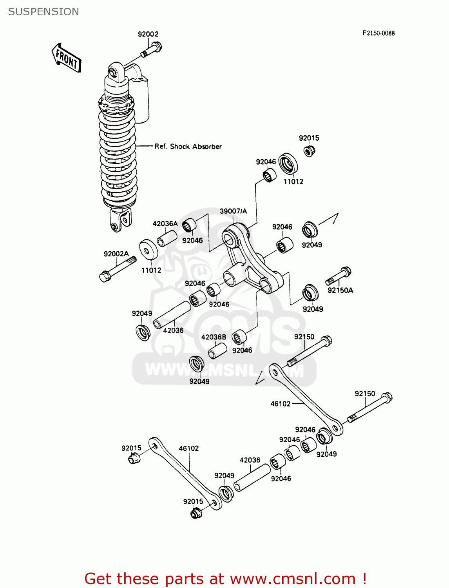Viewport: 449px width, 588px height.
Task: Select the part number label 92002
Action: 148,34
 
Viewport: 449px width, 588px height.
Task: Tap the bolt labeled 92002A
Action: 117,269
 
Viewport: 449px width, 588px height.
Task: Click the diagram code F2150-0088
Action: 378,33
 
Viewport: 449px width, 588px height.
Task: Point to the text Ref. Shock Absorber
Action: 188,147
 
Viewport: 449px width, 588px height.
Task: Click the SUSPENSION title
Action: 43,12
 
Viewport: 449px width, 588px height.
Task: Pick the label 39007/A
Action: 233,211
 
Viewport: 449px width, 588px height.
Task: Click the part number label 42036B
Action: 214,337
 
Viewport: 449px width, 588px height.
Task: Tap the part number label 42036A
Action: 165,224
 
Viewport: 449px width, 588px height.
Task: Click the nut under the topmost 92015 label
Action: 310,151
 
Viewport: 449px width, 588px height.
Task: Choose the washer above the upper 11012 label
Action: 288,163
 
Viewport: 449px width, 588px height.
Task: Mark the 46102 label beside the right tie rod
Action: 281,404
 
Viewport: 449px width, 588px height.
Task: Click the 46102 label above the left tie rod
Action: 189,448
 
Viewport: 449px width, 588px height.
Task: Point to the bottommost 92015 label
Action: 193,501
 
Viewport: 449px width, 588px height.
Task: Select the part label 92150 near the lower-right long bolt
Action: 365,394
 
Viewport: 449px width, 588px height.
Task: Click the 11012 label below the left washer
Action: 151,270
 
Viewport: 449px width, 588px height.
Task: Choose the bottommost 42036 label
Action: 250,460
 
